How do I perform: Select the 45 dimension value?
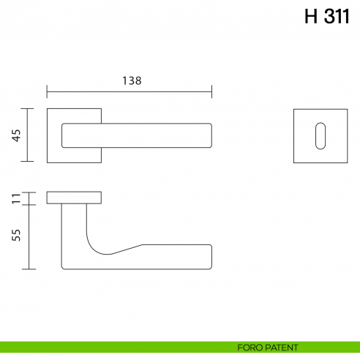tap(16, 135)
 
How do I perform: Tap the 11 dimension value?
tap(16, 198)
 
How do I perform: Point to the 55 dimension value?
tap(16, 236)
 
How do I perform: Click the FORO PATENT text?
tap(268, 347)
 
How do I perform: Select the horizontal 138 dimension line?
tap(129, 91)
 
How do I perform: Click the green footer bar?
tap(110, 347)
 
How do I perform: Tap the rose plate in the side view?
tap(74, 197)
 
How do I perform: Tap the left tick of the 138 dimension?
tap(47, 91)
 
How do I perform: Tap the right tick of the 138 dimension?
tap(211, 91)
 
